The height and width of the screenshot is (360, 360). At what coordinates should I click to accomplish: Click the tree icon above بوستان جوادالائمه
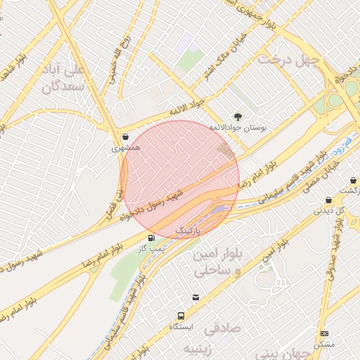point(237,117)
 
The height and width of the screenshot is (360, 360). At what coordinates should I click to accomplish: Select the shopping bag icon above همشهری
point(125,137)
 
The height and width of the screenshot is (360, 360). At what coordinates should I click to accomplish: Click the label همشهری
point(126,149)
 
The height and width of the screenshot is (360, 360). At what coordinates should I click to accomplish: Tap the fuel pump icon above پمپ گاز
point(151,238)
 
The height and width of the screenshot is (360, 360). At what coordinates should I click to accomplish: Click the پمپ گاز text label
point(150,249)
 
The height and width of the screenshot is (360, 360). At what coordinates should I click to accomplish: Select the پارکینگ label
point(188,231)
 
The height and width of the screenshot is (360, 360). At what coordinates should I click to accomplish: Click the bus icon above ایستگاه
point(181,316)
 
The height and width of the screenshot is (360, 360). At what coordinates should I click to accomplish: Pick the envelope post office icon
point(195,297)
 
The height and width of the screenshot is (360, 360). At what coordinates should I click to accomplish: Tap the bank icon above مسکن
point(324,333)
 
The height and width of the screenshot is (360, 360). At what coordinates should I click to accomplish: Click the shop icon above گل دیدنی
point(328,200)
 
